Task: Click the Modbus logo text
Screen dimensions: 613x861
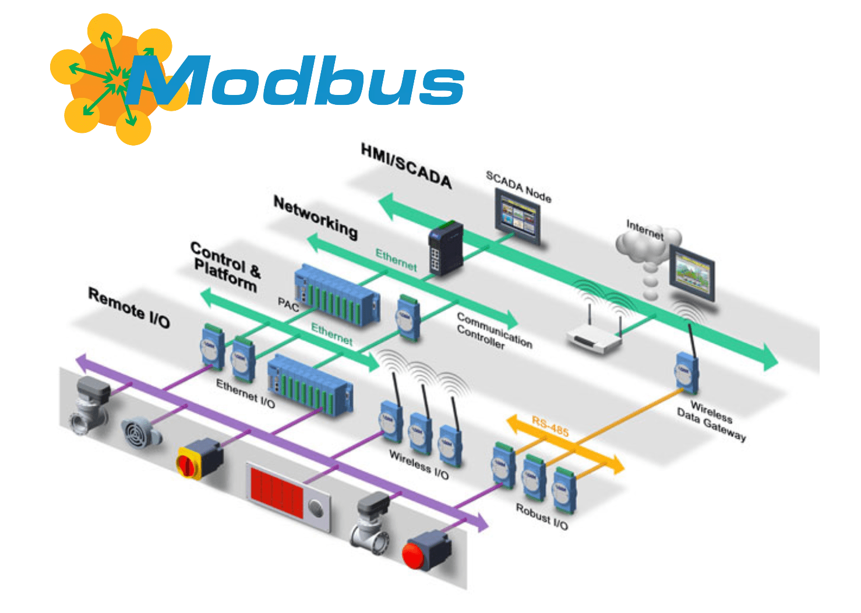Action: click(x=297, y=82)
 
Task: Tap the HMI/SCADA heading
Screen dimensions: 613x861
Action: click(x=407, y=166)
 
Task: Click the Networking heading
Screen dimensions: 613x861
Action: click(x=316, y=217)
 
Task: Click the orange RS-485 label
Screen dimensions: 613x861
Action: click(x=550, y=427)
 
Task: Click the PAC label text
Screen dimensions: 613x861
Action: click(x=288, y=304)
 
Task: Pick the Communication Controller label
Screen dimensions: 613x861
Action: click(x=494, y=330)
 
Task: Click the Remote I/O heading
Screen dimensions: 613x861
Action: click(x=129, y=307)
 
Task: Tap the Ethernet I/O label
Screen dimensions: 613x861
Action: click(x=245, y=393)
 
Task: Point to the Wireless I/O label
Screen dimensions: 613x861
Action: click(x=419, y=464)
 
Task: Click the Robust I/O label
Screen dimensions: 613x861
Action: click(x=542, y=516)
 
